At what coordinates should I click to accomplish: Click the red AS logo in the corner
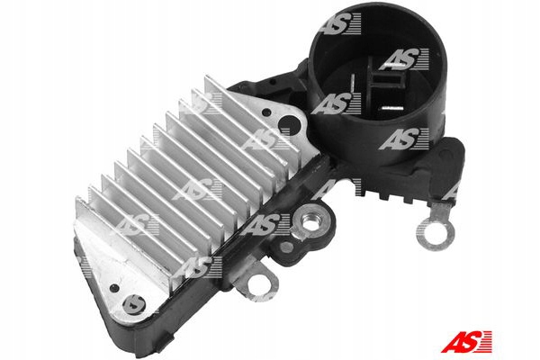(466, 342)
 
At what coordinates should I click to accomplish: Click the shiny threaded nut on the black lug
(310, 225)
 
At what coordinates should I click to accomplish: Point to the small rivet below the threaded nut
(286, 247)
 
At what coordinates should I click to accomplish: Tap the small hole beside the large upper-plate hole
(266, 112)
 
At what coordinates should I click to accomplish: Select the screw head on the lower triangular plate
(133, 304)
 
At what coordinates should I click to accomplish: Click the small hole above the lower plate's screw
(114, 288)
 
